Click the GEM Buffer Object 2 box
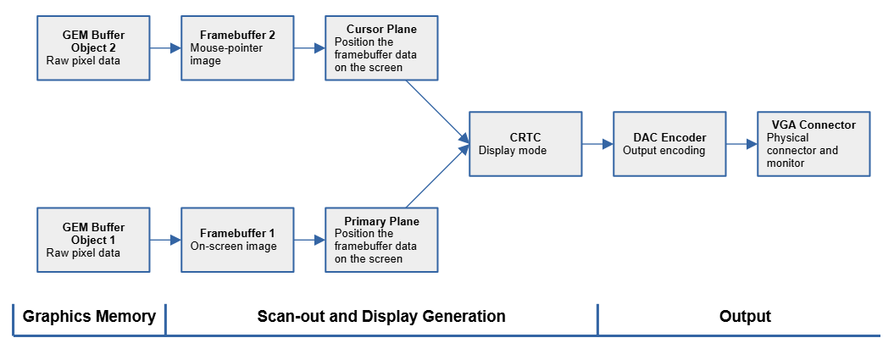tap(93, 47)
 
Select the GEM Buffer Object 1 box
tap(93, 240)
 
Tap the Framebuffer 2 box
tap(237, 47)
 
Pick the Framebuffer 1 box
tap(237, 240)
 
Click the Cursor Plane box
tap(381, 47)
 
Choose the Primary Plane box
tap(381, 240)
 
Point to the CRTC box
tap(525, 143)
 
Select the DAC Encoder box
tap(670, 143)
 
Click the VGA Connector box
tap(813, 143)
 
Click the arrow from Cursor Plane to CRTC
tap(437, 110)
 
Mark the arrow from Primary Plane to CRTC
tap(437, 176)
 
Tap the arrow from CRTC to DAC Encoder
tap(597, 144)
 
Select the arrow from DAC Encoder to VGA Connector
tap(741, 144)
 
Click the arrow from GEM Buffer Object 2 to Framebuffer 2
tap(165, 48)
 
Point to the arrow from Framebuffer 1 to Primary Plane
tap(309, 241)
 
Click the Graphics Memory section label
tap(89, 317)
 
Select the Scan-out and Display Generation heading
tap(381, 317)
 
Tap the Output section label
tap(745, 317)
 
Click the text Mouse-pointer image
tap(226, 54)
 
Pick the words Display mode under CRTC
tap(513, 151)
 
